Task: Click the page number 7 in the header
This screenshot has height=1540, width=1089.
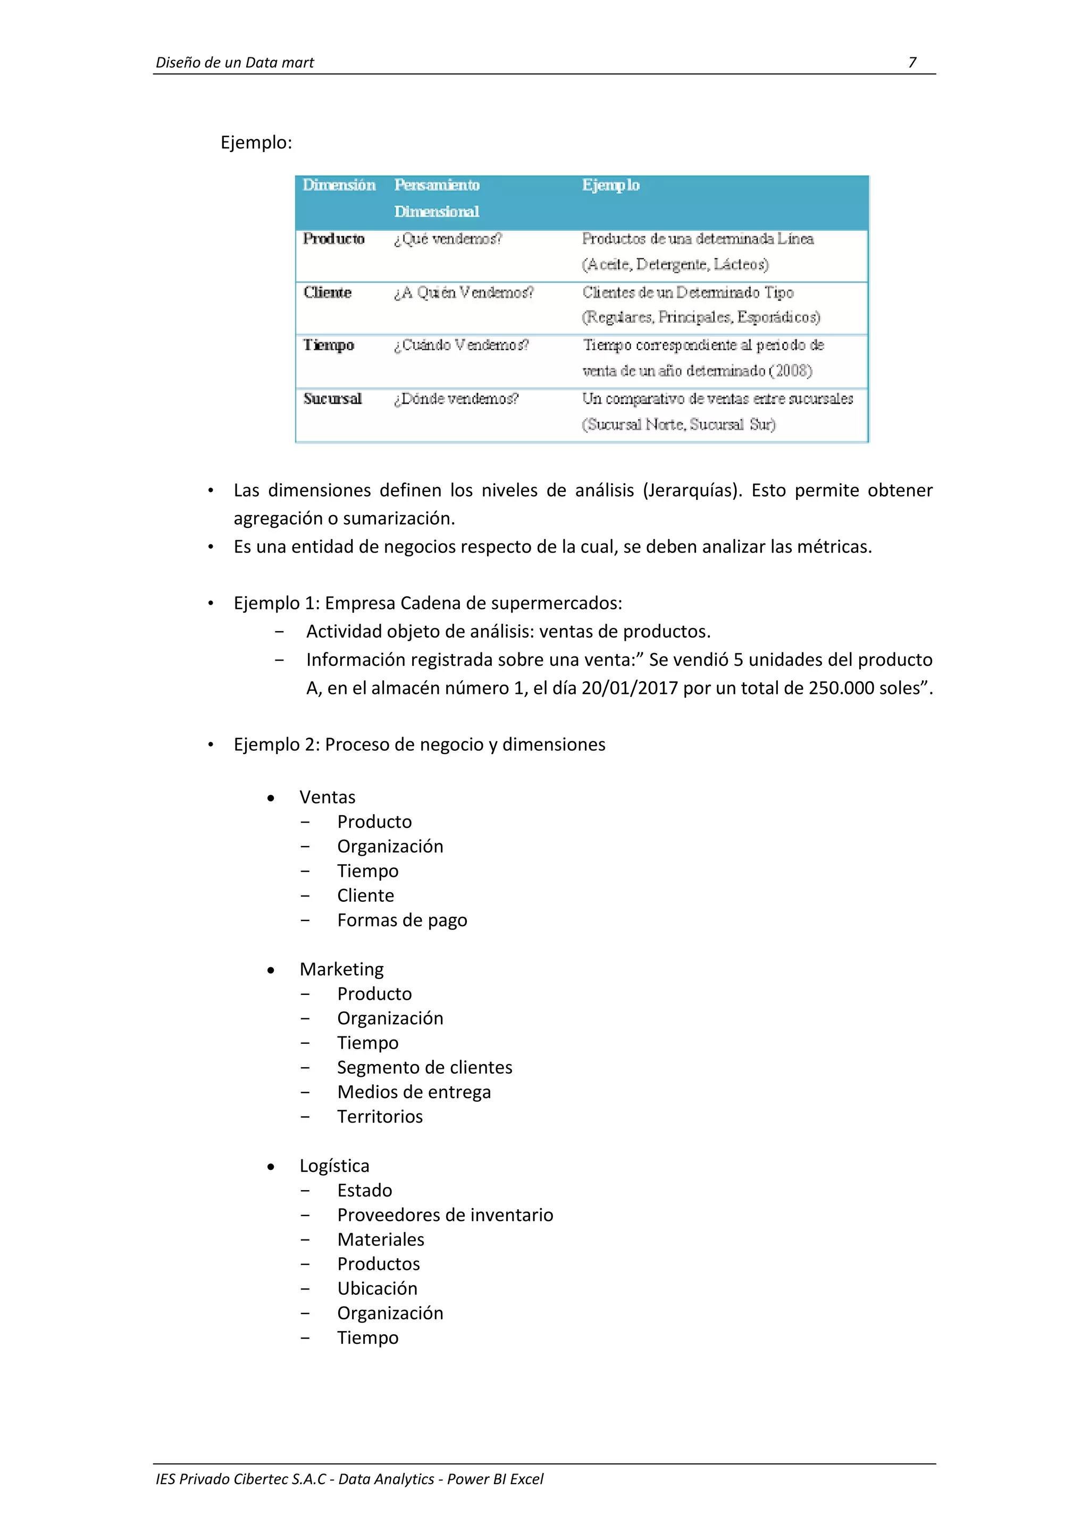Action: point(912,62)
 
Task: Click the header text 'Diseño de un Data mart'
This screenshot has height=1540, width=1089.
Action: point(234,62)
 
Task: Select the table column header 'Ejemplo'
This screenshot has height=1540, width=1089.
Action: point(610,185)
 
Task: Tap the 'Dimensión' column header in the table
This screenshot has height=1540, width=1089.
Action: point(339,185)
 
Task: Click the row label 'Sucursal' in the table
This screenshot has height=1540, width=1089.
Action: point(332,398)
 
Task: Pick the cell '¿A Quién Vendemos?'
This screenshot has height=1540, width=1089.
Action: point(463,292)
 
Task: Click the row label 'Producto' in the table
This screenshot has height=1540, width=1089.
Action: point(334,239)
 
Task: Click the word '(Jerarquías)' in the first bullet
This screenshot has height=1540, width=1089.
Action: point(692,490)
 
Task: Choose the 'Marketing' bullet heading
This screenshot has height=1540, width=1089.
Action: point(341,969)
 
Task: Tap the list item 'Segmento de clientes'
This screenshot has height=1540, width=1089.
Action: point(424,1067)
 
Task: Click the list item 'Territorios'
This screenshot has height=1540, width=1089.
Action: point(380,1116)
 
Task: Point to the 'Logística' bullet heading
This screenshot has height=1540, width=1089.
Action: point(334,1166)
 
